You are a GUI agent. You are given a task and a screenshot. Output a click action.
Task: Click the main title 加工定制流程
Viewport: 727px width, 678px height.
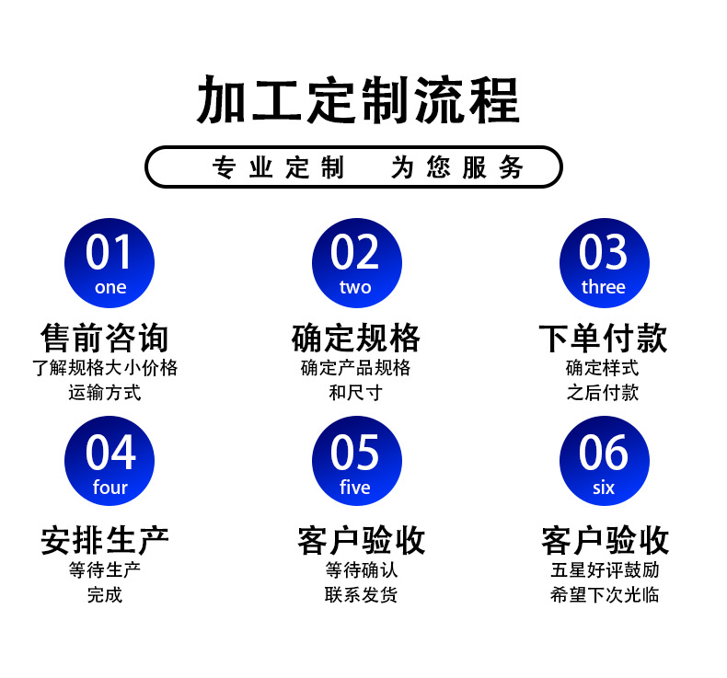point(358,99)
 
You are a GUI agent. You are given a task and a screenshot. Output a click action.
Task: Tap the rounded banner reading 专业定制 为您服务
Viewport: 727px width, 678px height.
point(353,167)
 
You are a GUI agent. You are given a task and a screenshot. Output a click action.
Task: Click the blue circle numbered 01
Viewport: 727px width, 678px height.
point(110,263)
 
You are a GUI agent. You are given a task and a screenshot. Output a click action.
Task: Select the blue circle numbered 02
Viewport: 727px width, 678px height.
point(357,263)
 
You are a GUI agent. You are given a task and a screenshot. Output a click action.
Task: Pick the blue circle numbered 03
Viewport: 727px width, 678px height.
point(605,263)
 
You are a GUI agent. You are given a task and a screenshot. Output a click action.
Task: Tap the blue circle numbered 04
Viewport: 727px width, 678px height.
point(110,461)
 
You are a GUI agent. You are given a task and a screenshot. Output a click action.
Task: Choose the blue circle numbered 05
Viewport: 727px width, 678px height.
point(357,461)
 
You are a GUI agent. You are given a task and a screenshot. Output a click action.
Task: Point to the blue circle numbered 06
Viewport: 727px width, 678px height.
point(605,461)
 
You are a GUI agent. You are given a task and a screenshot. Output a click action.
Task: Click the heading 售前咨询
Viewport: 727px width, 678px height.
point(105,339)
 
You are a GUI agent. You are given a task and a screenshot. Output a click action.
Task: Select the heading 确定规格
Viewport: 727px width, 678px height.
point(356,339)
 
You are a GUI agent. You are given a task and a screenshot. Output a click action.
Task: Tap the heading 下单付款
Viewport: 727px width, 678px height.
point(603,339)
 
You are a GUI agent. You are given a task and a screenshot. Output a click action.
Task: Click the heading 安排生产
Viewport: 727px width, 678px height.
point(105,540)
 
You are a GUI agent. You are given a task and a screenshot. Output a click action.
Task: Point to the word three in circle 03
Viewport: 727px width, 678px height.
point(604,287)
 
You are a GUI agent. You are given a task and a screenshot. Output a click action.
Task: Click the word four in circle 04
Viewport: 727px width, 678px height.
point(110,487)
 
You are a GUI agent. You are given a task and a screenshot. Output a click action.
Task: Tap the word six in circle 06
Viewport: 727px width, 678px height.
point(604,488)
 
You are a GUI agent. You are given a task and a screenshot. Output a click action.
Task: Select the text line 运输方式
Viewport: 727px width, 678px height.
point(105,393)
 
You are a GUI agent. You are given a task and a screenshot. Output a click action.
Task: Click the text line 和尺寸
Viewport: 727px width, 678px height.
point(355,393)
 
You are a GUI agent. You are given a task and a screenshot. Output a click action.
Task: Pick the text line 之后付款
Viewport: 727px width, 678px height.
point(603,393)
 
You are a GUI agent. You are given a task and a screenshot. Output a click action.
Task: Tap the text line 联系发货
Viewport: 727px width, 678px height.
point(361,594)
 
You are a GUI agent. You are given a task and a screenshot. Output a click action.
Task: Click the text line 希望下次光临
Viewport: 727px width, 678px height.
point(605,594)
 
